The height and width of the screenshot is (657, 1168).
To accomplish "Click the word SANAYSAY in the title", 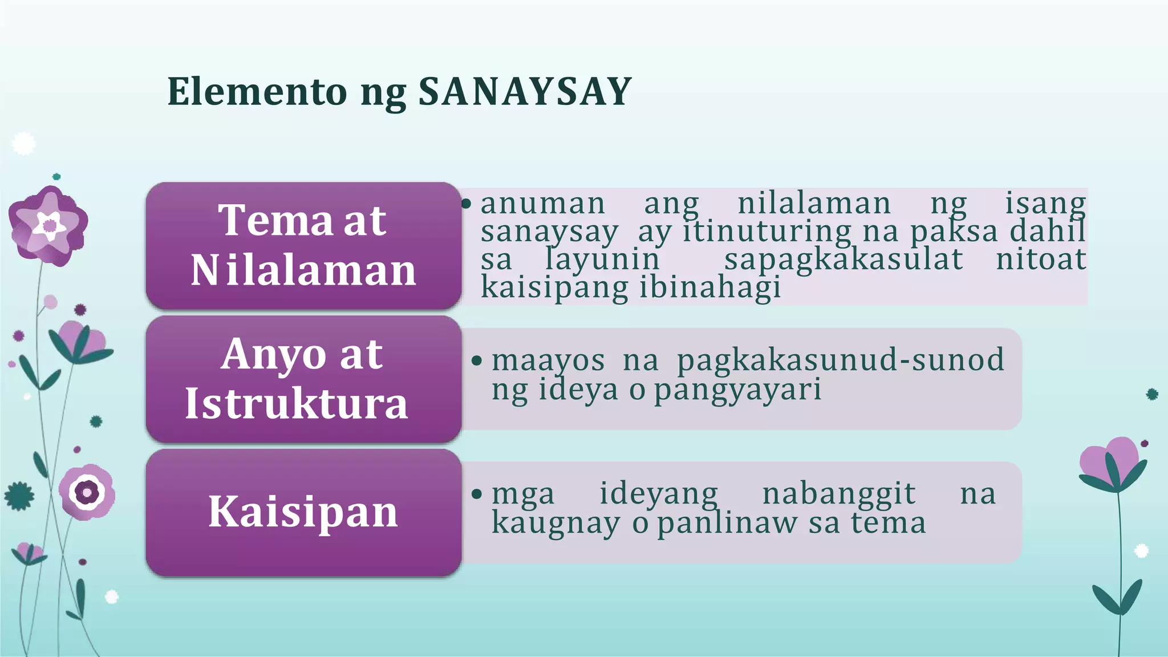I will click(525, 91).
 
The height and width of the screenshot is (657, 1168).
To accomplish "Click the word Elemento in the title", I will click(257, 91).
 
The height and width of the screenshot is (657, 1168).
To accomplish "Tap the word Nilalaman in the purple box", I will click(303, 270).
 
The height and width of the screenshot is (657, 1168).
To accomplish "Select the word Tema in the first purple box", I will click(275, 221).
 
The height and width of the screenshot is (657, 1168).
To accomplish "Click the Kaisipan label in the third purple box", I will click(303, 512).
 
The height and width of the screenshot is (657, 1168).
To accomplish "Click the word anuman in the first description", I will click(542, 204).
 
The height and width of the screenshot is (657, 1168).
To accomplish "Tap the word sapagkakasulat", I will click(843, 259).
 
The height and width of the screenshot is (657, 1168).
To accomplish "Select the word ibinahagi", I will click(709, 287).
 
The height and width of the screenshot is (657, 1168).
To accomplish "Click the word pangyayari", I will click(737, 391).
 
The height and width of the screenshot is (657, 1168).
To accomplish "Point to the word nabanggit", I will click(838, 494).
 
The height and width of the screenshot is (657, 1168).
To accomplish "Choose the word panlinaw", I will click(727, 524).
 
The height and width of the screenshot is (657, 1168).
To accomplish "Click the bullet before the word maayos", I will click(477, 361).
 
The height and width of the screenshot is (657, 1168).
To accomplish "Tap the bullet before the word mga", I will click(477, 494).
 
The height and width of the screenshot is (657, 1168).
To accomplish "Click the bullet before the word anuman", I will click(467, 204).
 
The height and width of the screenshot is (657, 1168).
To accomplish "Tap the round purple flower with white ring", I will click(87, 492).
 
